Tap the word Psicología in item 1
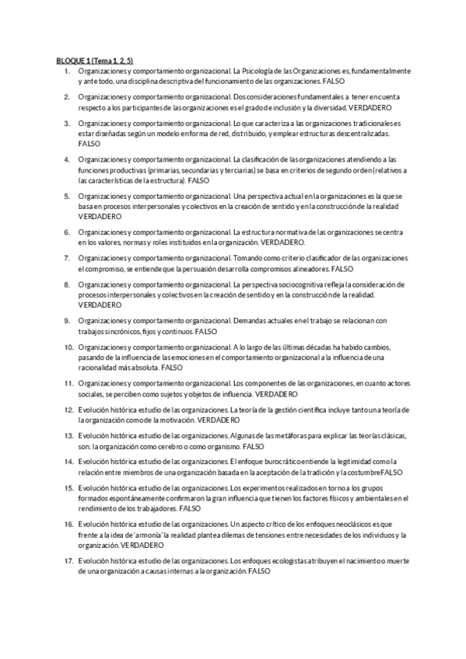(265, 71)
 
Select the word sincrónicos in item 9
(122, 331)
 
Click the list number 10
(68, 347)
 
